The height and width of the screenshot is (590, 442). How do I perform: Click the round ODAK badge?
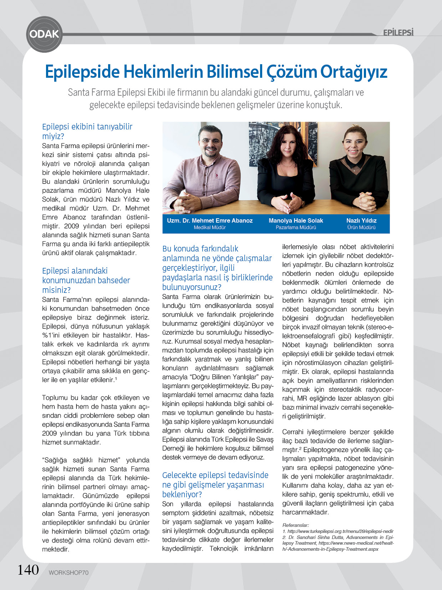click(x=44, y=34)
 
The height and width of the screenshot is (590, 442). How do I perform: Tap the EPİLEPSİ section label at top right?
click(x=398, y=33)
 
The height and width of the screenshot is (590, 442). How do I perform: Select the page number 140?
click(x=28, y=570)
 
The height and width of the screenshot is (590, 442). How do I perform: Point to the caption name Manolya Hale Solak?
click(x=296, y=220)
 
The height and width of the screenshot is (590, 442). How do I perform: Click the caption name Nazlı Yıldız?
click(x=361, y=220)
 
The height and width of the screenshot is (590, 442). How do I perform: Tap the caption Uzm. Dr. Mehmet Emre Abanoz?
click(x=210, y=220)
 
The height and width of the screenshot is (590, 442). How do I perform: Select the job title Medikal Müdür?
click(x=210, y=228)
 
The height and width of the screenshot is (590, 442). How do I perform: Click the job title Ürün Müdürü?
click(x=361, y=228)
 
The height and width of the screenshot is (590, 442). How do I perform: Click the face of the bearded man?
click(x=210, y=144)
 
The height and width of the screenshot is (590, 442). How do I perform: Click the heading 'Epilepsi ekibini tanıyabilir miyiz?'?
click(x=87, y=131)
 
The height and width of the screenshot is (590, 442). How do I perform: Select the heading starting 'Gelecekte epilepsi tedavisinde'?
click(x=215, y=484)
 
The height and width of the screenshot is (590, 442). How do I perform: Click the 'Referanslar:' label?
click(x=295, y=525)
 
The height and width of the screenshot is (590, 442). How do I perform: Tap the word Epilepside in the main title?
click(x=82, y=72)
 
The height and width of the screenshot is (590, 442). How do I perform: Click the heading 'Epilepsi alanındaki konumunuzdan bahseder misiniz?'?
click(x=86, y=280)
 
